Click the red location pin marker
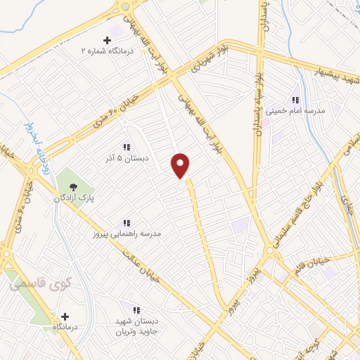click(181, 165)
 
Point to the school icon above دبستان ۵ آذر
click(127, 147)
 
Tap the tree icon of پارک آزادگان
click(73, 186)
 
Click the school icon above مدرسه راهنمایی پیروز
click(127, 222)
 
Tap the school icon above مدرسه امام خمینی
click(295, 100)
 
